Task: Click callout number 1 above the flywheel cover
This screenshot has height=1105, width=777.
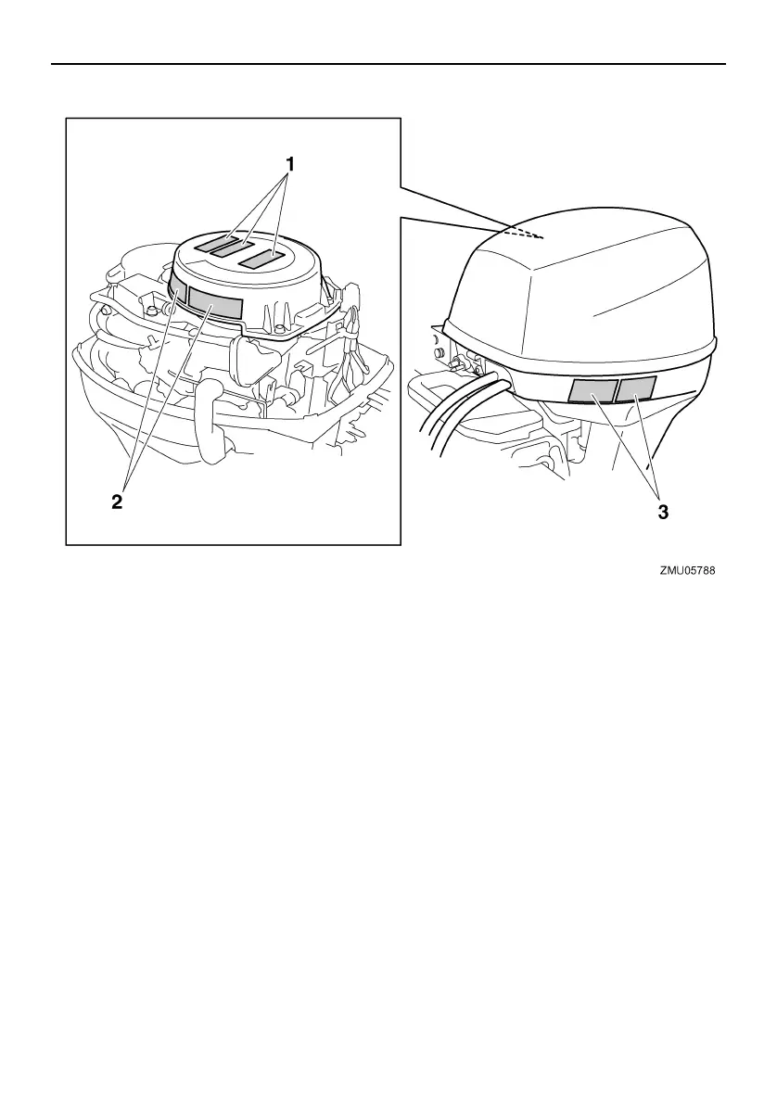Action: tap(290, 164)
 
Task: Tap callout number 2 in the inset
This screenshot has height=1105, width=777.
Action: tap(117, 502)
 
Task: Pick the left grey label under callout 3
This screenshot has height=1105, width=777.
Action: tap(592, 392)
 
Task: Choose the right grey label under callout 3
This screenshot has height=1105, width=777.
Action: tap(638, 388)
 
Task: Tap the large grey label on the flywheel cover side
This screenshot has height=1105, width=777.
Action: tap(215, 307)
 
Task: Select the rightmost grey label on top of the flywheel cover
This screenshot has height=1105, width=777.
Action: tap(261, 259)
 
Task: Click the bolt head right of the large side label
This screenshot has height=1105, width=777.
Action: tap(278, 330)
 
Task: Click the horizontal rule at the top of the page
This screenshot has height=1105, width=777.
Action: tap(388, 64)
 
